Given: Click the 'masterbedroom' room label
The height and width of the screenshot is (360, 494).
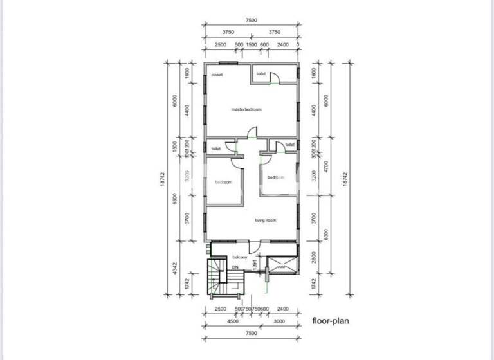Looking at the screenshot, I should [x=246, y=109].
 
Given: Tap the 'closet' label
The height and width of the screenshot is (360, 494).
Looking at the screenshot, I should [x=216, y=75].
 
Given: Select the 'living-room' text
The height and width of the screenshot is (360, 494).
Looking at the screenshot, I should [x=265, y=221].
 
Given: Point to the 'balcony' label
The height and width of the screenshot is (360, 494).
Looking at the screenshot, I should [x=240, y=257].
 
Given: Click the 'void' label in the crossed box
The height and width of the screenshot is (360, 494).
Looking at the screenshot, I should [x=281, y=267].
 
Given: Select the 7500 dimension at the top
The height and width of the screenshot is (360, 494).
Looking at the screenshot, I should [x=251, y=21].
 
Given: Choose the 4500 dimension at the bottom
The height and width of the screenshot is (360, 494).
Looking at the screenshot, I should [x=232, y=321].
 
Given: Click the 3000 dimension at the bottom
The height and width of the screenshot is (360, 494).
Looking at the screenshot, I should [x=279, y=321].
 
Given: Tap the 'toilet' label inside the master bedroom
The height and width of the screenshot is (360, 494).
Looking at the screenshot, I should [x=261, y=74].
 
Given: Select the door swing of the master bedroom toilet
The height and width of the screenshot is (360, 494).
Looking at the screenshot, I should [x=275, y=78].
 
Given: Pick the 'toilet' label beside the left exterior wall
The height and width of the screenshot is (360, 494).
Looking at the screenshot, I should [x=215, y=148].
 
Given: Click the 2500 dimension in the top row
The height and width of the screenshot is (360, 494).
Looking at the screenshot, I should [x=220, y=45].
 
